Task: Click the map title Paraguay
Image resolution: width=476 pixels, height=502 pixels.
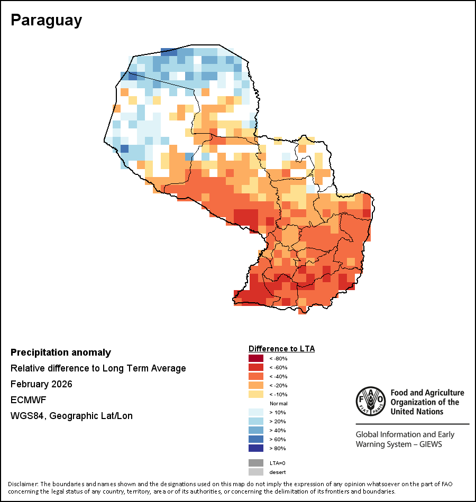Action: click(47, 20)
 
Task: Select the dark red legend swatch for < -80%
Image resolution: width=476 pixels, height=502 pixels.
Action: click(255, 358)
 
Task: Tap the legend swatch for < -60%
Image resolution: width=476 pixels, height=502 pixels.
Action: click(255, 367)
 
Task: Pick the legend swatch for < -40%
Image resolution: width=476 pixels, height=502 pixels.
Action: click(255, 376)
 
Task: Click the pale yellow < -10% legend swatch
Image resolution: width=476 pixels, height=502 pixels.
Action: click(255, 394)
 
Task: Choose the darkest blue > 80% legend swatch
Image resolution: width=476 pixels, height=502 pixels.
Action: click(255, 448)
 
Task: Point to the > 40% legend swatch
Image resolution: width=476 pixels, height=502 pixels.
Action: click(255, 430)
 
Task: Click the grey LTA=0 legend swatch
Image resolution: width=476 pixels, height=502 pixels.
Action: click(255, 463)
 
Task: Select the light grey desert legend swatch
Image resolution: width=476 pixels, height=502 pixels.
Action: click(255, 472)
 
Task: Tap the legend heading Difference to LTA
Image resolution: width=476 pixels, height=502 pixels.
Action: click(281, 349)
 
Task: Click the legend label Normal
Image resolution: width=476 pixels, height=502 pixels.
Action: click(279, 403)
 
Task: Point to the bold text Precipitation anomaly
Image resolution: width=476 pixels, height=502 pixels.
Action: click(61, 352)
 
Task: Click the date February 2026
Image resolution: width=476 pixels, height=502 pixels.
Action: click(41, 384)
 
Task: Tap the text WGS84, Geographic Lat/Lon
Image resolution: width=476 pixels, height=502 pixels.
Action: click(71, 416)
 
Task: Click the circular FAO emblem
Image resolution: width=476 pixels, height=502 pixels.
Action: click(370, 402)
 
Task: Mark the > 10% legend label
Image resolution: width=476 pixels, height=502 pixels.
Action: click(278, 412)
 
